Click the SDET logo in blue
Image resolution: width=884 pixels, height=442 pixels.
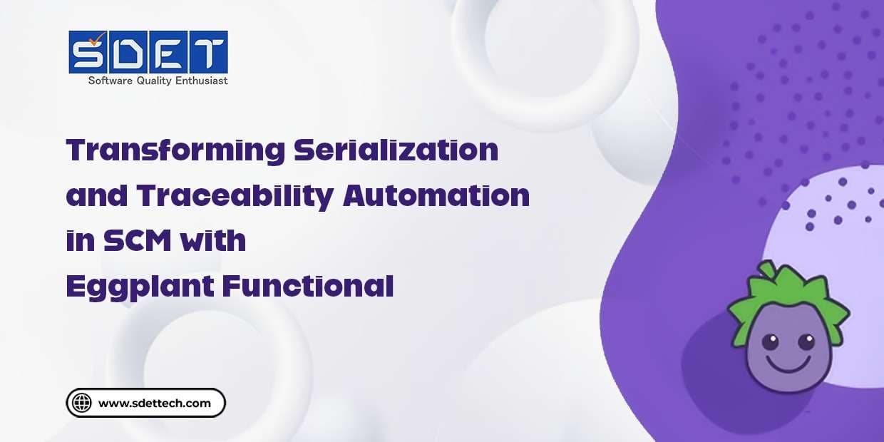(x=148, y=52)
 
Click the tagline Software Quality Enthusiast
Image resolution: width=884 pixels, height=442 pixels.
(x=158, y=81)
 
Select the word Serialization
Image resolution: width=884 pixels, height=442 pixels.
(x=396, y=150)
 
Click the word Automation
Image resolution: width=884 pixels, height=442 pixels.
(x=436, y=195)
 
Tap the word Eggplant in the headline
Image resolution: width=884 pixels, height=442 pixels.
(x=138, y=286)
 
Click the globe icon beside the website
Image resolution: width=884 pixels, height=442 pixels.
(x=83, y=403)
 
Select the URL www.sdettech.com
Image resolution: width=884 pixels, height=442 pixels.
(x=155, y=404)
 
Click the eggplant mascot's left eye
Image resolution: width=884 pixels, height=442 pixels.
(x=770, y=342)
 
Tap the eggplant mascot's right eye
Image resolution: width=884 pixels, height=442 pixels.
(x=806, y=341)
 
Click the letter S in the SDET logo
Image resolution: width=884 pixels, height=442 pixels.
(x=88, y=53)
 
